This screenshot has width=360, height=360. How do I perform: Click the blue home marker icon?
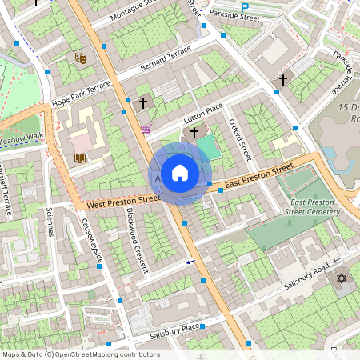tap(180, 173)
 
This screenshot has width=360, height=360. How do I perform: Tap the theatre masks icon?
tap(79, 58)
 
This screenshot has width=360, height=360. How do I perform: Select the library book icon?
tap(79, 158)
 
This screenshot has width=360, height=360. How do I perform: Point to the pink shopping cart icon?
tap(145, 128)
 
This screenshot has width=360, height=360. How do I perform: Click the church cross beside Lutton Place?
tap(194, 132)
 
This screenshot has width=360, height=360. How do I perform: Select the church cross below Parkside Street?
tap(282, 80)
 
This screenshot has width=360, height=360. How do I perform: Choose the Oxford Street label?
tap(239, 140)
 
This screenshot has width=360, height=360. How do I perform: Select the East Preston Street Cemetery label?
tap(312, 207)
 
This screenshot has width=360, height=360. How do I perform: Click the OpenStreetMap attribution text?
tap(81, 354)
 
